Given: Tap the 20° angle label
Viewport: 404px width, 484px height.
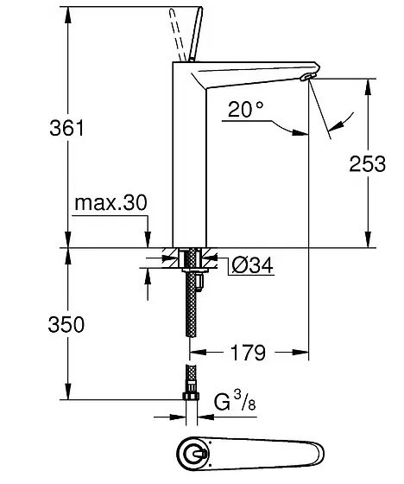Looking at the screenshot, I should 247,111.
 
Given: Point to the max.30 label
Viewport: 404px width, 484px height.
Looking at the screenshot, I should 110,203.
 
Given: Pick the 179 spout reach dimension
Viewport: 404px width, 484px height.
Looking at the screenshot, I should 246,353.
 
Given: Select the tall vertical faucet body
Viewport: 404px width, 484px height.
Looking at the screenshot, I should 190,164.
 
